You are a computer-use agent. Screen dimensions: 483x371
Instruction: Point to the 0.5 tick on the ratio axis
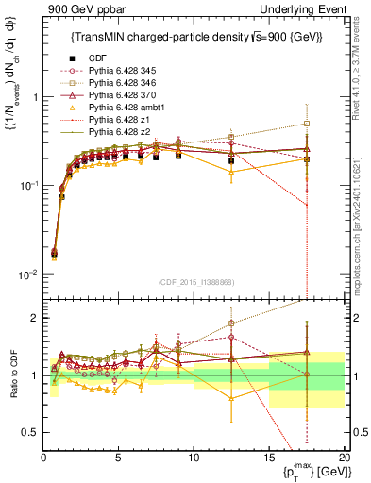[x=32, y=432]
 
